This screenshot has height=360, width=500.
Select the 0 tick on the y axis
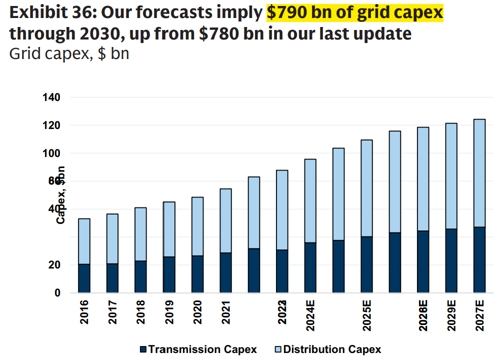pos(71,292)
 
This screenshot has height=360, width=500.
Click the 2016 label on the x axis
pos(84,311)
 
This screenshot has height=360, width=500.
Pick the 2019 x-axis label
pos(169,311)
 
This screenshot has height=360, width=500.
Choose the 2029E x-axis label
pos(451,315)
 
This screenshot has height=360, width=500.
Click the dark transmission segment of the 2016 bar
pos(84,278)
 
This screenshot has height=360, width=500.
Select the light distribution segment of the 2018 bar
pos(141,234)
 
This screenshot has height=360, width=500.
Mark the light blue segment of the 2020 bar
pos(197,226)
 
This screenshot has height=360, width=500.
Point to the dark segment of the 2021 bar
pos(226,272)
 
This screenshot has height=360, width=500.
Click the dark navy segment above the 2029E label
pos(451,260)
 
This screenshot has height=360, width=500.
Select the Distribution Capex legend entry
pos(327,349)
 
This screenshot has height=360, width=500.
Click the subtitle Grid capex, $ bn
pos(69,53)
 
